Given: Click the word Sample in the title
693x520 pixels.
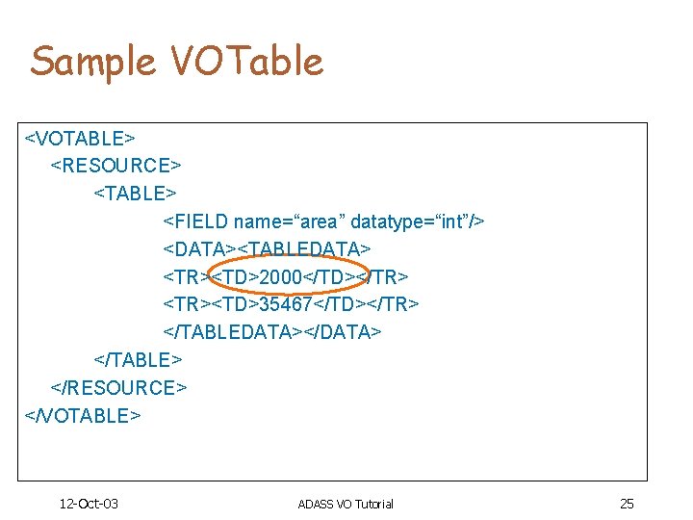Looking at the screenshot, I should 91,62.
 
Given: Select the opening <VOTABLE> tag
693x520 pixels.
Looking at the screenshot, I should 79,138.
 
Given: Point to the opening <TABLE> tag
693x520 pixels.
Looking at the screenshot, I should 135,194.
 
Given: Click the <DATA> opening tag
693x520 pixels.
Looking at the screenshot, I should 199,249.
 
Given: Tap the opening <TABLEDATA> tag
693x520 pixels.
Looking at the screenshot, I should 304,249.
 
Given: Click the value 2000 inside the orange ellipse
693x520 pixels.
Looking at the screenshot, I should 281,277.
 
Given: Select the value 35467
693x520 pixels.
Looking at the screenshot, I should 286,304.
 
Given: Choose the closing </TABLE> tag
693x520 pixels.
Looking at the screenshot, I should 138,360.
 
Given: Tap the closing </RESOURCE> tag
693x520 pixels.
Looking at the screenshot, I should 118,387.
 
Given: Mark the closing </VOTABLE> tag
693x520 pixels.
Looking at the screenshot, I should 82,415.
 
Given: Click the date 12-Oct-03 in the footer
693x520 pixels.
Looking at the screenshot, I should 89,504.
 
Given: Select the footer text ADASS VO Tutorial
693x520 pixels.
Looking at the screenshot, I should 346,504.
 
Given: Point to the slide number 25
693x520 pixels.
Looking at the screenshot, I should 627,504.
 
